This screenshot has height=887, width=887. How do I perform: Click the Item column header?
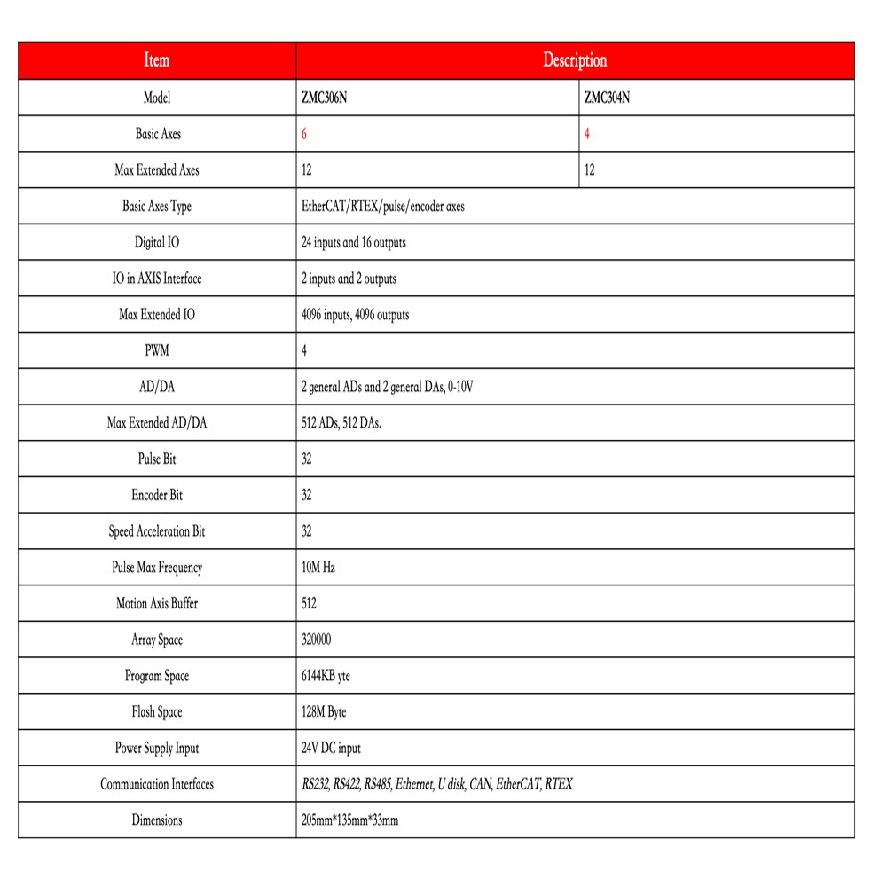[157, 60]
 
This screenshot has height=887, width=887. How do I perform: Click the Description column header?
[575, 60]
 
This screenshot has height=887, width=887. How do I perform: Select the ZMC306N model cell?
[325, 98]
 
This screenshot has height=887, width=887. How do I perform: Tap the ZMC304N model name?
[608, 98]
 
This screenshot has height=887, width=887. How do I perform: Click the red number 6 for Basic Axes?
[305, 134]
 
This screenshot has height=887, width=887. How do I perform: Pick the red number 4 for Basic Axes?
[587, 134]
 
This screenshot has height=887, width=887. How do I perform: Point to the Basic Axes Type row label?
[157, 207]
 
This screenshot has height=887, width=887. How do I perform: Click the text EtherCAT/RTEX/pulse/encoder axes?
[383, 207]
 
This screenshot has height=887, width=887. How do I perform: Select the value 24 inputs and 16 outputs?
[354, 242]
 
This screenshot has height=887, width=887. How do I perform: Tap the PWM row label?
[157, 351]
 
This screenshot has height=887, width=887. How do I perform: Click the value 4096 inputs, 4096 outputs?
[356, 315]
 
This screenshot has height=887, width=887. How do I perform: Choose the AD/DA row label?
[157, 388]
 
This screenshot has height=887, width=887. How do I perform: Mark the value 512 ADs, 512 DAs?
[341, 424]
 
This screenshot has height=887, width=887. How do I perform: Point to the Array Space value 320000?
[317, 640]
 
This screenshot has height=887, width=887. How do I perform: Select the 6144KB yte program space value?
[326, 676]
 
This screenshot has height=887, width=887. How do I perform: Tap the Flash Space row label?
[157, 712]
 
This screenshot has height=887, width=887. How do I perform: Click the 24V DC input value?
[332, 749]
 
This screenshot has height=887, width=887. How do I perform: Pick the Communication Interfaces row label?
[157, 785]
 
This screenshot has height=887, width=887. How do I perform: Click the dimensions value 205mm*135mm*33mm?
[350, 820]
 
